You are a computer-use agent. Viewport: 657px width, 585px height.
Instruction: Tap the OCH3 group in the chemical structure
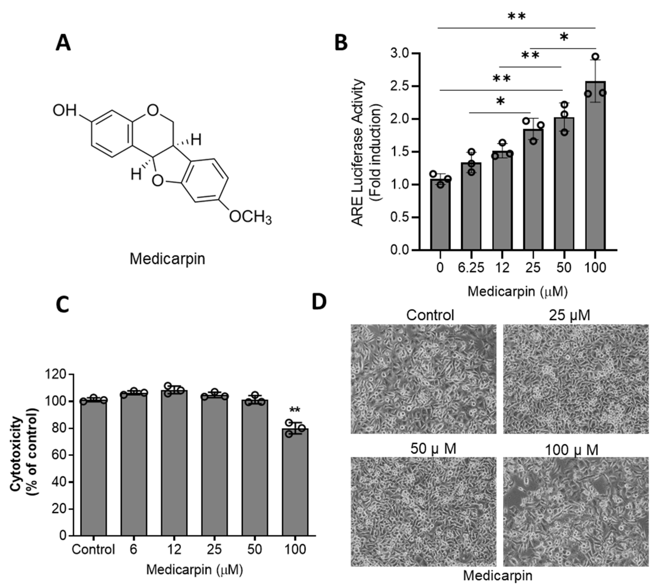[250, 218]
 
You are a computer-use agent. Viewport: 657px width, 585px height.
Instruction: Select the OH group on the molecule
[64, 111]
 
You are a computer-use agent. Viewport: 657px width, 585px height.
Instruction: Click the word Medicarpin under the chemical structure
[167, 259]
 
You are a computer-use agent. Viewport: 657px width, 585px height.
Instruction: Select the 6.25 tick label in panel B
[471, 268]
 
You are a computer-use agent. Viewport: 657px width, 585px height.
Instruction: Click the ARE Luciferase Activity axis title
[358, 153]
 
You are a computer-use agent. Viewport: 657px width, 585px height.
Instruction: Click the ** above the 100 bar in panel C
[295, 410]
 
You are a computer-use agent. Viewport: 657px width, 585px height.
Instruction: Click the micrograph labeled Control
[423, 379]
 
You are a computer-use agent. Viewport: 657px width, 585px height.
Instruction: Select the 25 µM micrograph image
[576, 379]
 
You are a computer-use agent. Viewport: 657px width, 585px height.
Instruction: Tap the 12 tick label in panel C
[174, 549]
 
